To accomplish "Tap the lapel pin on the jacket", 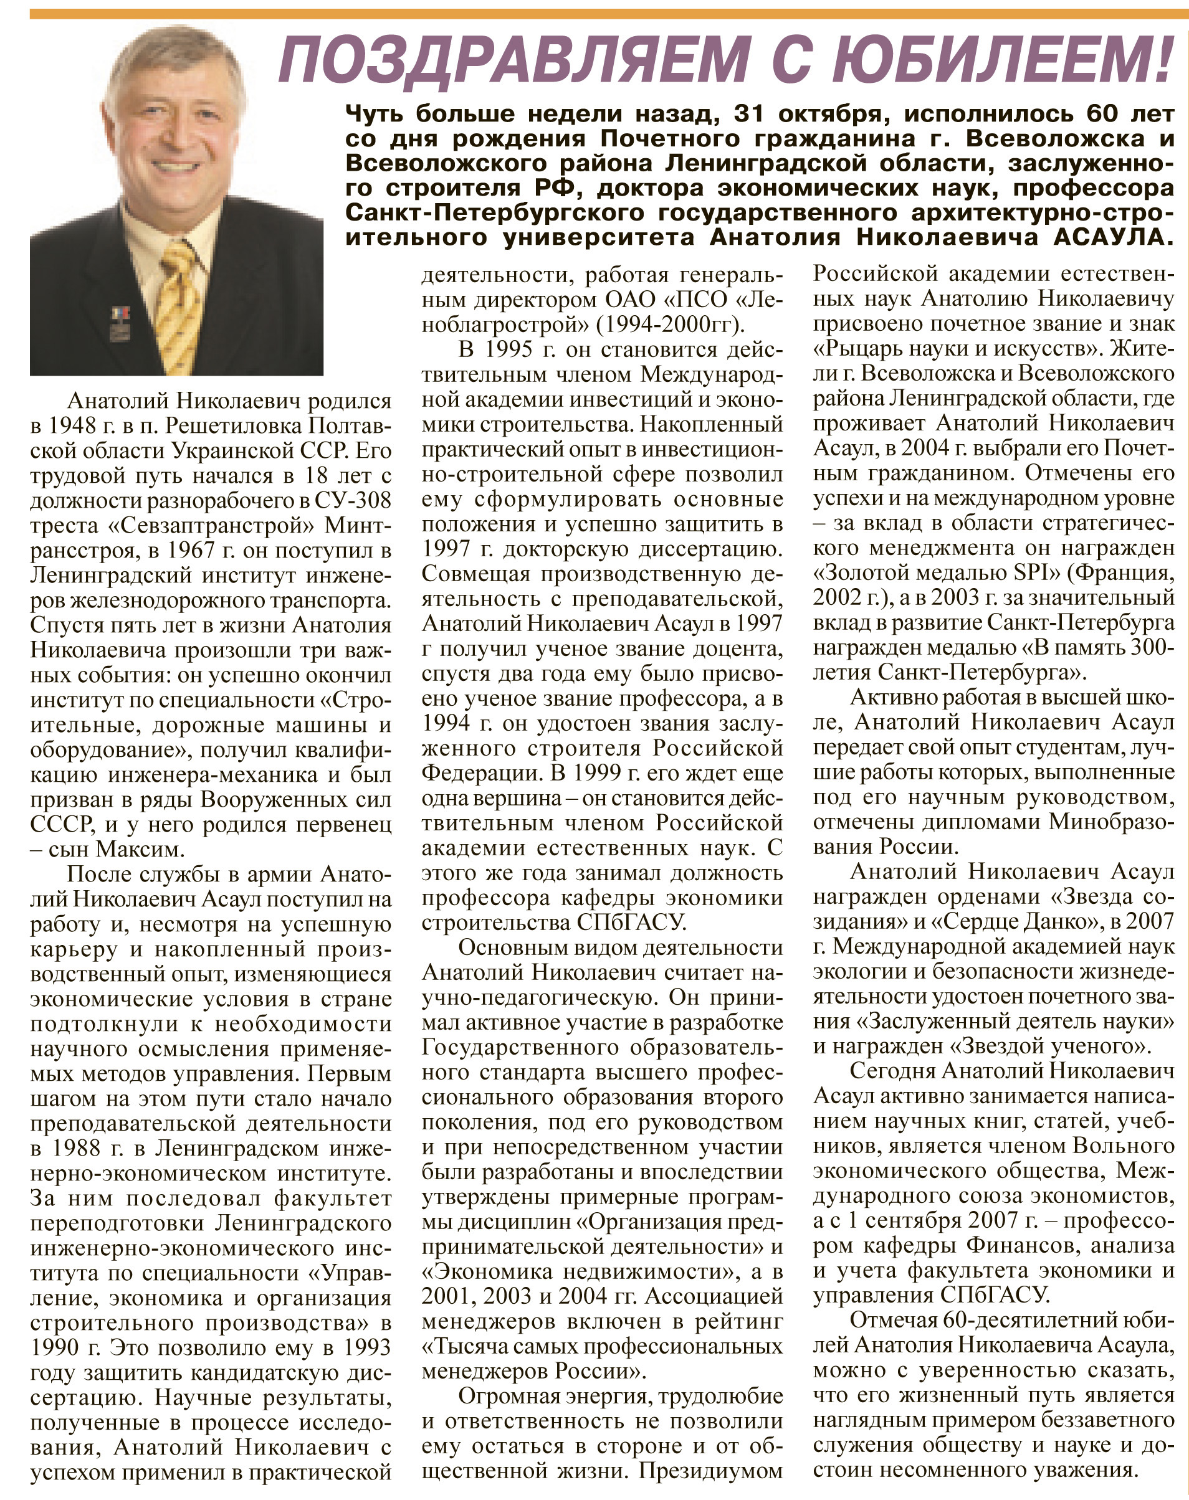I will point(120,323).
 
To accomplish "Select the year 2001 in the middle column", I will point(446,1296).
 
